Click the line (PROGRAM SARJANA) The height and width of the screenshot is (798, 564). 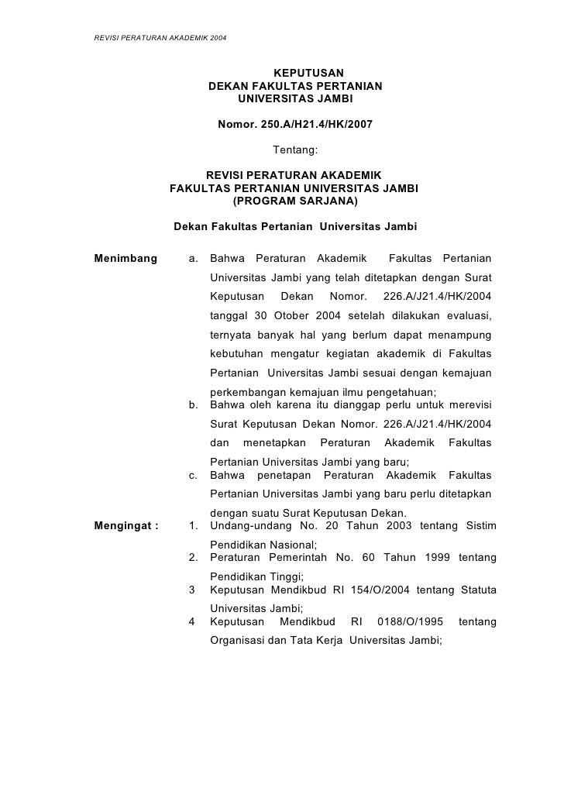click(x=295, y=201)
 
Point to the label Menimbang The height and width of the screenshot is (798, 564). click(x=125, y=258)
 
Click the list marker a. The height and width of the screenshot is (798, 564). click(x=194, y=258)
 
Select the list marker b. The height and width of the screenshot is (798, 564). click(x=194, y=404)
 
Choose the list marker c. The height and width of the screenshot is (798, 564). click(x=194, y=475)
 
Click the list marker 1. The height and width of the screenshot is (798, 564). click(x=194, y=526)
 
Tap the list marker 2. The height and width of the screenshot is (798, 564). click(x=194, y=559)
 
